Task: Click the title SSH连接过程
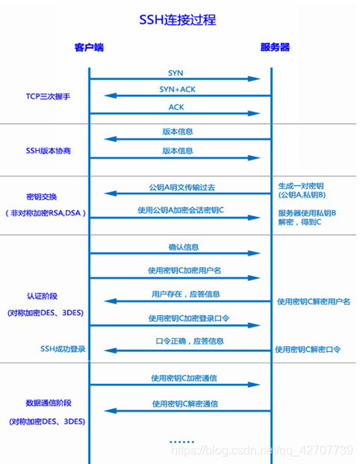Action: (x=180, y=18)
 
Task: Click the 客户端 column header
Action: (x=89, y=48)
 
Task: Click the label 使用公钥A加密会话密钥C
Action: (x=181, y=210)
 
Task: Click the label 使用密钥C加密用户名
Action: (x=181, y=270)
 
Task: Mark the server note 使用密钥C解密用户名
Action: (x=314, y=301)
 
